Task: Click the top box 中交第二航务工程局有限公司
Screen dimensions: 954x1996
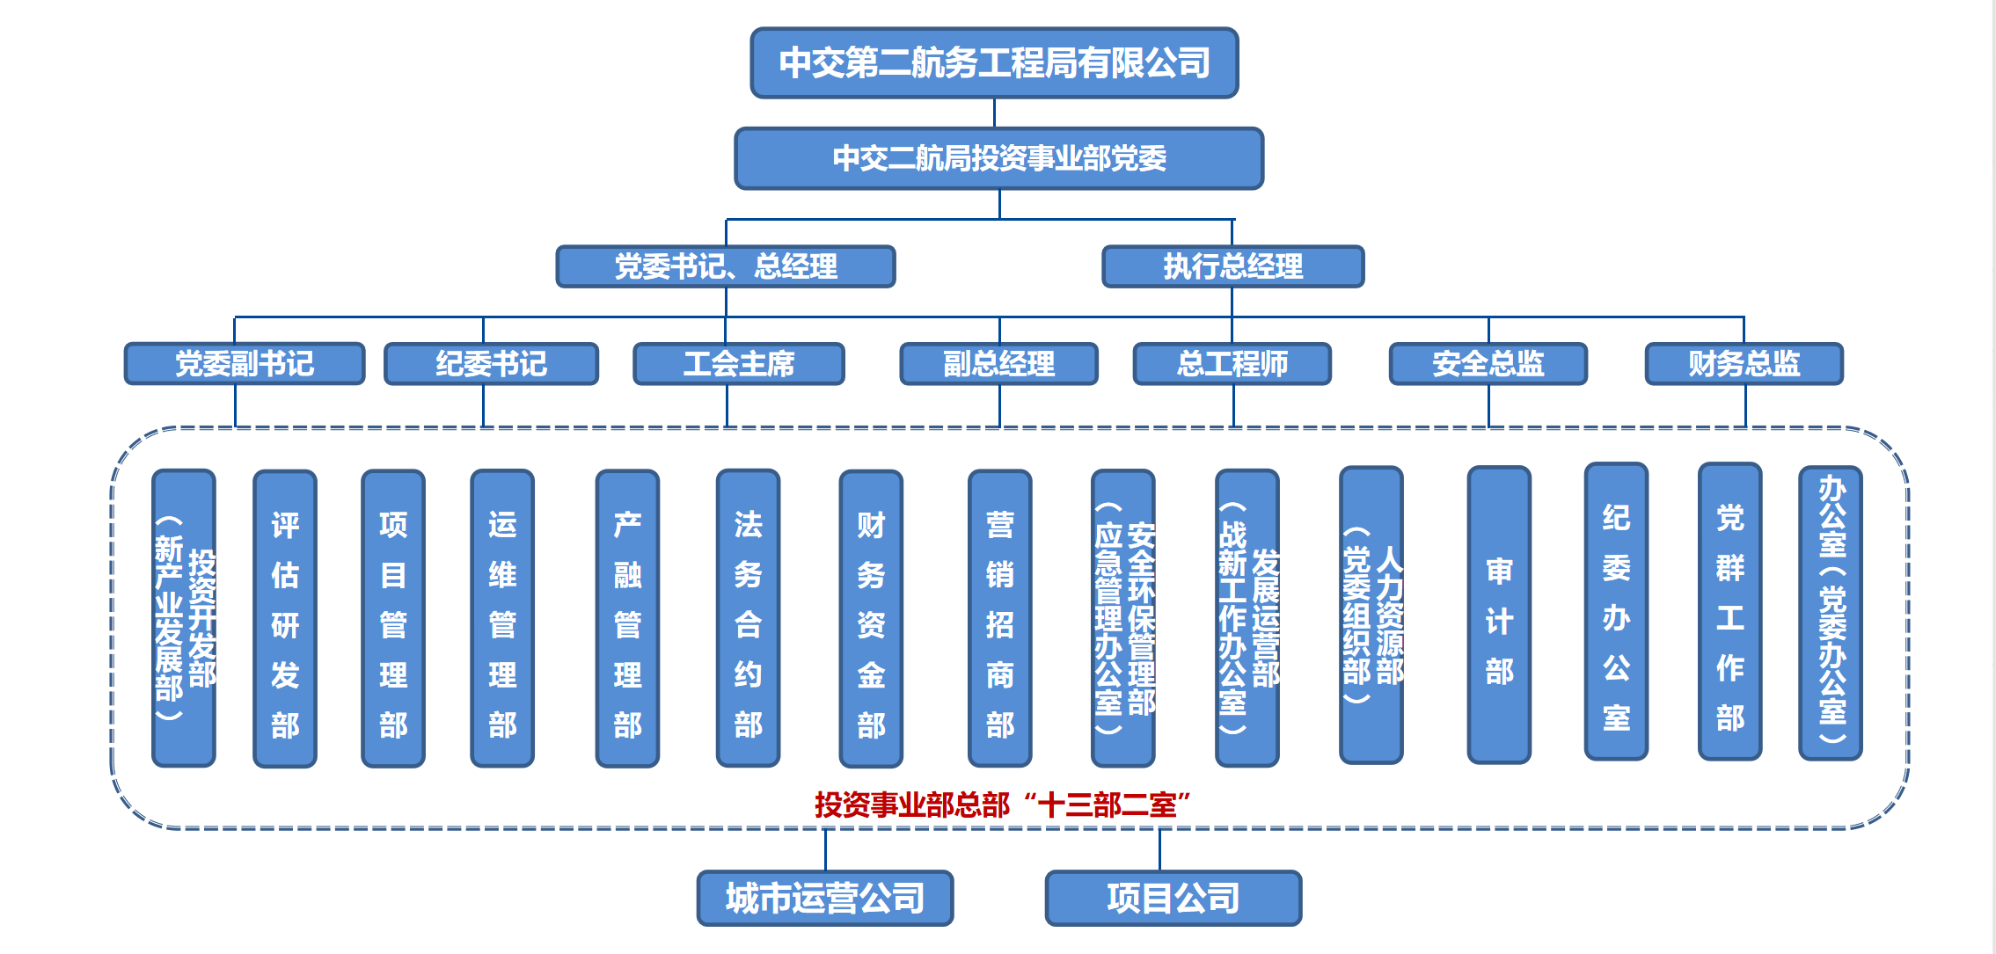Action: [x=994, y=62]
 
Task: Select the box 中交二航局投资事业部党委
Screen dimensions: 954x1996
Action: [x=998, y=158]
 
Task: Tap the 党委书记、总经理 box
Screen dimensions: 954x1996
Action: [x=726, y=266]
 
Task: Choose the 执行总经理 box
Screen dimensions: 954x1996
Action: [x=1232, y=266]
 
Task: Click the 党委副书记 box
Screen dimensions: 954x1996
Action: [x=245, y=363]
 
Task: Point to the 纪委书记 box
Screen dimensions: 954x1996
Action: [x=491, y=363]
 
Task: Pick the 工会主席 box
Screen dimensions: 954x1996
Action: [x=739, y=363]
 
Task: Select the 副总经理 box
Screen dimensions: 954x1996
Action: [x=998, y=363]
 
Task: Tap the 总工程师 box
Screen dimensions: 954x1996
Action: [x=1232, y=363]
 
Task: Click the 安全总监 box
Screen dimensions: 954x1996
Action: [x=1488, y=363]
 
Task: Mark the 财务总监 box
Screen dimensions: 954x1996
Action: [x=1744, y=363]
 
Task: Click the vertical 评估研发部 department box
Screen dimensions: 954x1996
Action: [x=285, y=618]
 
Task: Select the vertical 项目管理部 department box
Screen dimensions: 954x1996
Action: [x=393, y=618]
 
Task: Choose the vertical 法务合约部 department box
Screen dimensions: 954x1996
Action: [x=748, y=618]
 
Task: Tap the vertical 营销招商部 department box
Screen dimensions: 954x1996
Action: [x=999, y=618]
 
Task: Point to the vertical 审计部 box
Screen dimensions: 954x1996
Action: [x=1499, y=615]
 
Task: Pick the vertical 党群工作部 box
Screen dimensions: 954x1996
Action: [x=1729, y=612]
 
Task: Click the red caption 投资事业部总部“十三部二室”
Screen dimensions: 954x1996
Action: [x=1002, y=804]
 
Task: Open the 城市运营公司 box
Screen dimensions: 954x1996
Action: [x=825, y=898]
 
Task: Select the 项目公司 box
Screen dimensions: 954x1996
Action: [x=1173, y=898]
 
